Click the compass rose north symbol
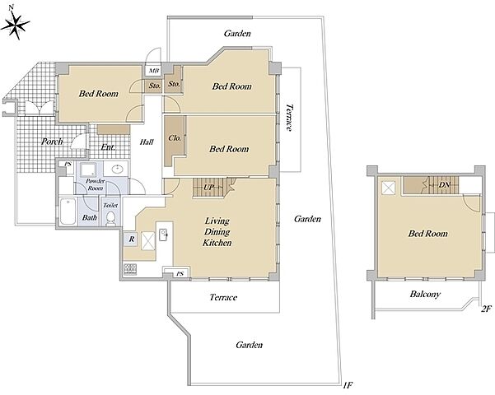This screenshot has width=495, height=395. pyautogui.click(x=15, y=24)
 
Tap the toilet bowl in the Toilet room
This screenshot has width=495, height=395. pyautogui.click(x=110, y=218)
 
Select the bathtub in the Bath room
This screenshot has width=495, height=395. pyautogui.click(x=68, y=211)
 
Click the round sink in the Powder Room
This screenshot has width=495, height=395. pyautogui.click(x=116, y=170)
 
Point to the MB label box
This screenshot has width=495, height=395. pyautogui.click(x=154, y=70)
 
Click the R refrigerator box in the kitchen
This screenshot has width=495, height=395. pyautogui.click(x=131, y=239)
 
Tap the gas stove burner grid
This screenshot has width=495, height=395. pyautogui.click(x=130, y=269)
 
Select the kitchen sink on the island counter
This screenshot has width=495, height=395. pyautogui.click(x=163, y=235)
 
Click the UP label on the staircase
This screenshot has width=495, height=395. pyautogui.click(x=208, y=188)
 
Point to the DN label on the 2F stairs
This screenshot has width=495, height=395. pyautogui.click(x=444, y=185)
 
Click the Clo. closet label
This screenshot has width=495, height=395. pyautogui.click(x=175, y=138)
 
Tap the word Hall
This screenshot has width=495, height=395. pyautogui.click(x=147, y=142)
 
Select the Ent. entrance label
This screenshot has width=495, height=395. pyautogui.click(x=108, y=147)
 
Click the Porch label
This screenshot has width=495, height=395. pyautogui.click(x=52, y=142)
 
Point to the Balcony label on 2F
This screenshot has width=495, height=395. pyautogui.click(x=425, y=295)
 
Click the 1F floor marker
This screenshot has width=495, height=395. pyautogui.click(x=348, y=385)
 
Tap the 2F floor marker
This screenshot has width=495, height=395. pyautogui.click(x=487, y=309)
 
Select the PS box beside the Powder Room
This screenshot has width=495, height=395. pyautogui.click(x=68, y=165)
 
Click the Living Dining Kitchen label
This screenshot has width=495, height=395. pyautogui.click(x=217, y=232)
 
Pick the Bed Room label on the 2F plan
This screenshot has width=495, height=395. pyautogui.click(x=427, y=234)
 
